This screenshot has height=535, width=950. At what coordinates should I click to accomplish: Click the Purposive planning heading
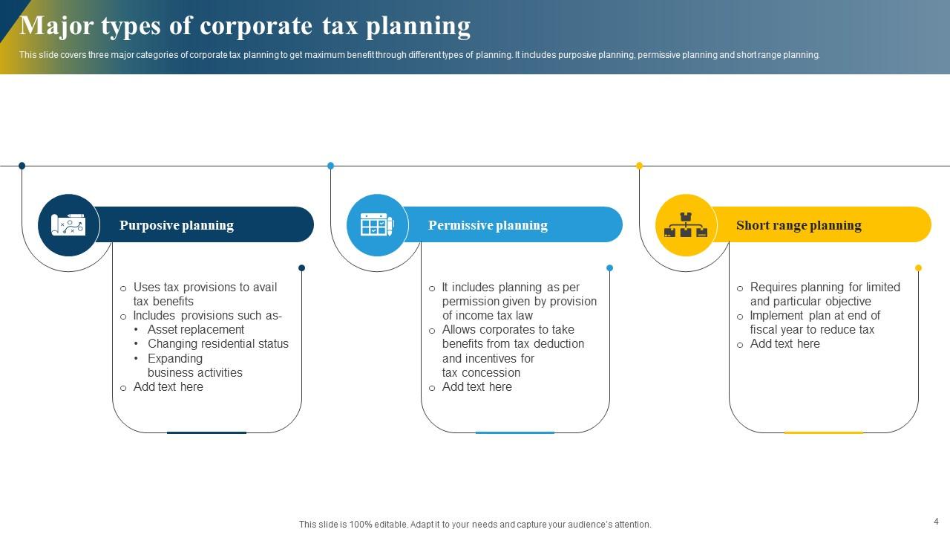point(177,225)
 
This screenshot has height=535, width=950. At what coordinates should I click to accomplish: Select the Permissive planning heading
point(488,225)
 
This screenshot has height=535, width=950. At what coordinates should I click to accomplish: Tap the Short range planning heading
point(799,225)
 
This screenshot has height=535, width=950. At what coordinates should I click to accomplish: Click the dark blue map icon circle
point(68,225)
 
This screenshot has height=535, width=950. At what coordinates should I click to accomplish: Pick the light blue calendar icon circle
point(377,225)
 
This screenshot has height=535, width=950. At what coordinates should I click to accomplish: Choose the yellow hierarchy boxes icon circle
point(686,225)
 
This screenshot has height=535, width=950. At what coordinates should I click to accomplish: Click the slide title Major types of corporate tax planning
point(245,26)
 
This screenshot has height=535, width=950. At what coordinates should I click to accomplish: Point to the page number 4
point(936,522)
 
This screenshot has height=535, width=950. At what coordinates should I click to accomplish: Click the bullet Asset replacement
point(196,329)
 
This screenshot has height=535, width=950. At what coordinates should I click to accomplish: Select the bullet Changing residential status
point(218,343)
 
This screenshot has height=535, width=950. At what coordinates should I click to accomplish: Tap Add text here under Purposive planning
point(168,386)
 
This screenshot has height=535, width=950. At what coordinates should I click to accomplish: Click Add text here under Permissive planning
point(476,386)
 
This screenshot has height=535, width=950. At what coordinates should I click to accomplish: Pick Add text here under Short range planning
point(784,343)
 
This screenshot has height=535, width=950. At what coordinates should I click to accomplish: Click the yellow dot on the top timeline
point(639,166)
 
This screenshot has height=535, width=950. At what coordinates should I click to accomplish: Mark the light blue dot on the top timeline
point(330,166)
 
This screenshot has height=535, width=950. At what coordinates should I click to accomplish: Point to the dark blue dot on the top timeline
point(22,166)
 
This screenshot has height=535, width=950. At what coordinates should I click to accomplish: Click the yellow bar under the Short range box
point(823,432)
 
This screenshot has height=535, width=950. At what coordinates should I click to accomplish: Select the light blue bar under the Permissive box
point(514,432)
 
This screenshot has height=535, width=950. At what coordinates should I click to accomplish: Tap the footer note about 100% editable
point(475,525)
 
